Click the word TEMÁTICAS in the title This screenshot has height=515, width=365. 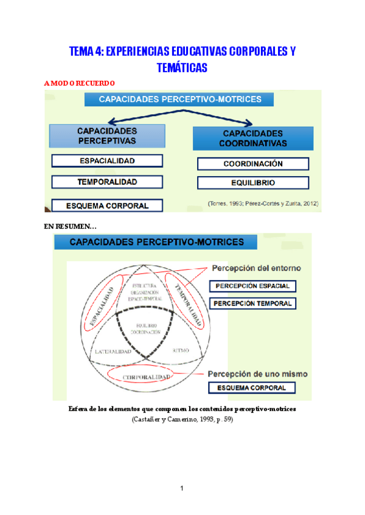182,68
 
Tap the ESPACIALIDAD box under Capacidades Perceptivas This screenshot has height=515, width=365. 107,161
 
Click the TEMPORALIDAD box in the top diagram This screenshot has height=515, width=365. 107,182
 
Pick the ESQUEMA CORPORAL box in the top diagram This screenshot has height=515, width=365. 107,205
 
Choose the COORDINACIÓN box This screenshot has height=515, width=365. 253,164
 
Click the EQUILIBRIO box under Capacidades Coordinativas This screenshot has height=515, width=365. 253,183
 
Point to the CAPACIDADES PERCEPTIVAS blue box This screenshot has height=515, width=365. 107,136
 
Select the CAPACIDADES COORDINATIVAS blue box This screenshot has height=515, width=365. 253,138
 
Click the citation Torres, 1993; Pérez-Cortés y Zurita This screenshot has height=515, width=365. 262,203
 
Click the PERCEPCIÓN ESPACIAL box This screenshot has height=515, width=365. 252,286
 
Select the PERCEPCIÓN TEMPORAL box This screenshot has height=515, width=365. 252,303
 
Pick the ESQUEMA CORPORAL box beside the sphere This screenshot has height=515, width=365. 252,387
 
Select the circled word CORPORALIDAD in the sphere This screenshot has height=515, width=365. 146,378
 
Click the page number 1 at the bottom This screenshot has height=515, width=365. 182,488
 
